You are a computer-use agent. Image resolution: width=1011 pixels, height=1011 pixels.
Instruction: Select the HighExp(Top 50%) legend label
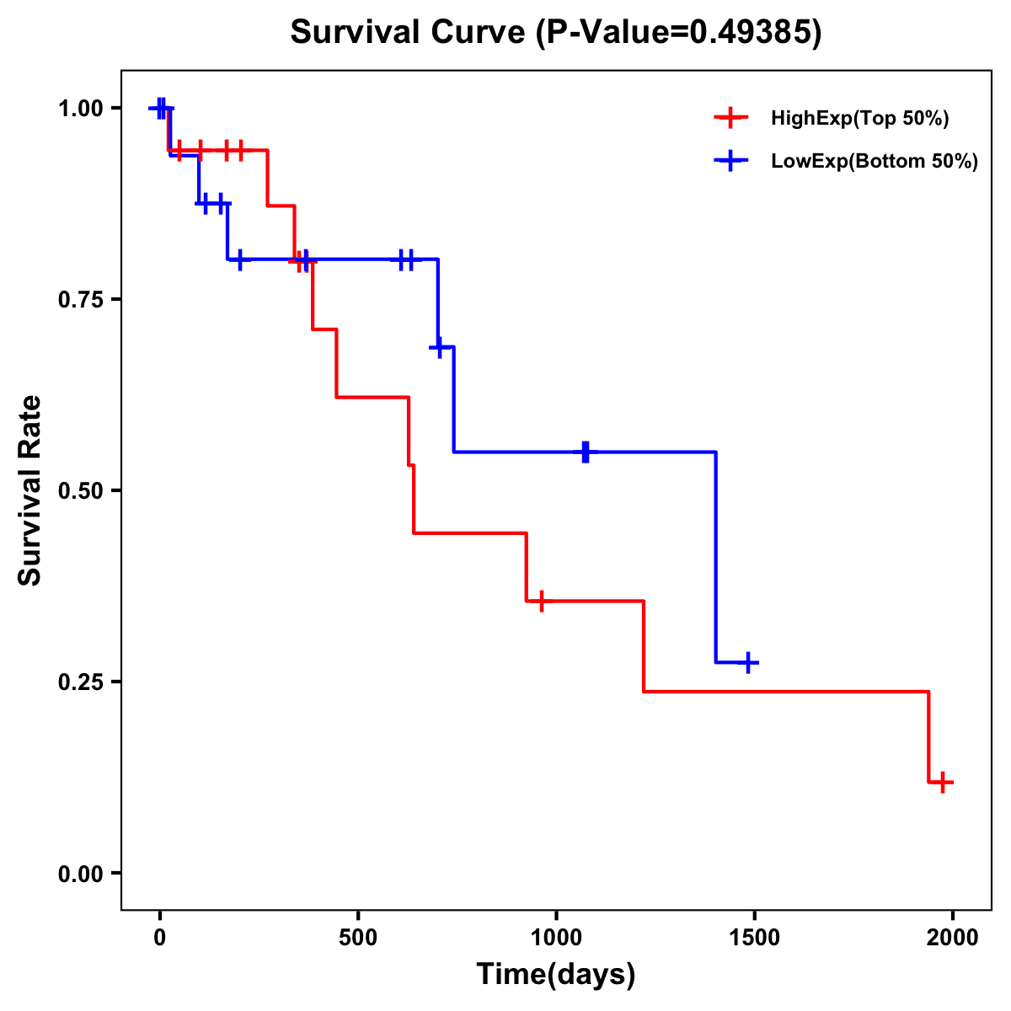860,119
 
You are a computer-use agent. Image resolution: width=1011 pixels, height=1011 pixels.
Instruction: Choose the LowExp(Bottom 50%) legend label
875,162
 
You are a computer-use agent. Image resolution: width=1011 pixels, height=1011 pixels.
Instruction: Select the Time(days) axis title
556,975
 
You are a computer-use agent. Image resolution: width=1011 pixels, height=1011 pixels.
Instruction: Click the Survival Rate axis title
30,490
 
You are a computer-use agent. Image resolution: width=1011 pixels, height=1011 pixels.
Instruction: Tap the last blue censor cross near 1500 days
746,663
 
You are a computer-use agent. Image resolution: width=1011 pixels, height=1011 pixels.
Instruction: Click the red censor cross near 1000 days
541,601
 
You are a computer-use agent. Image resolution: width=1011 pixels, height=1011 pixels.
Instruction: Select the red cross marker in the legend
730,119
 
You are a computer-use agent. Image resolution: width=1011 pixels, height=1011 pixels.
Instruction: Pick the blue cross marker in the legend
730,162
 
